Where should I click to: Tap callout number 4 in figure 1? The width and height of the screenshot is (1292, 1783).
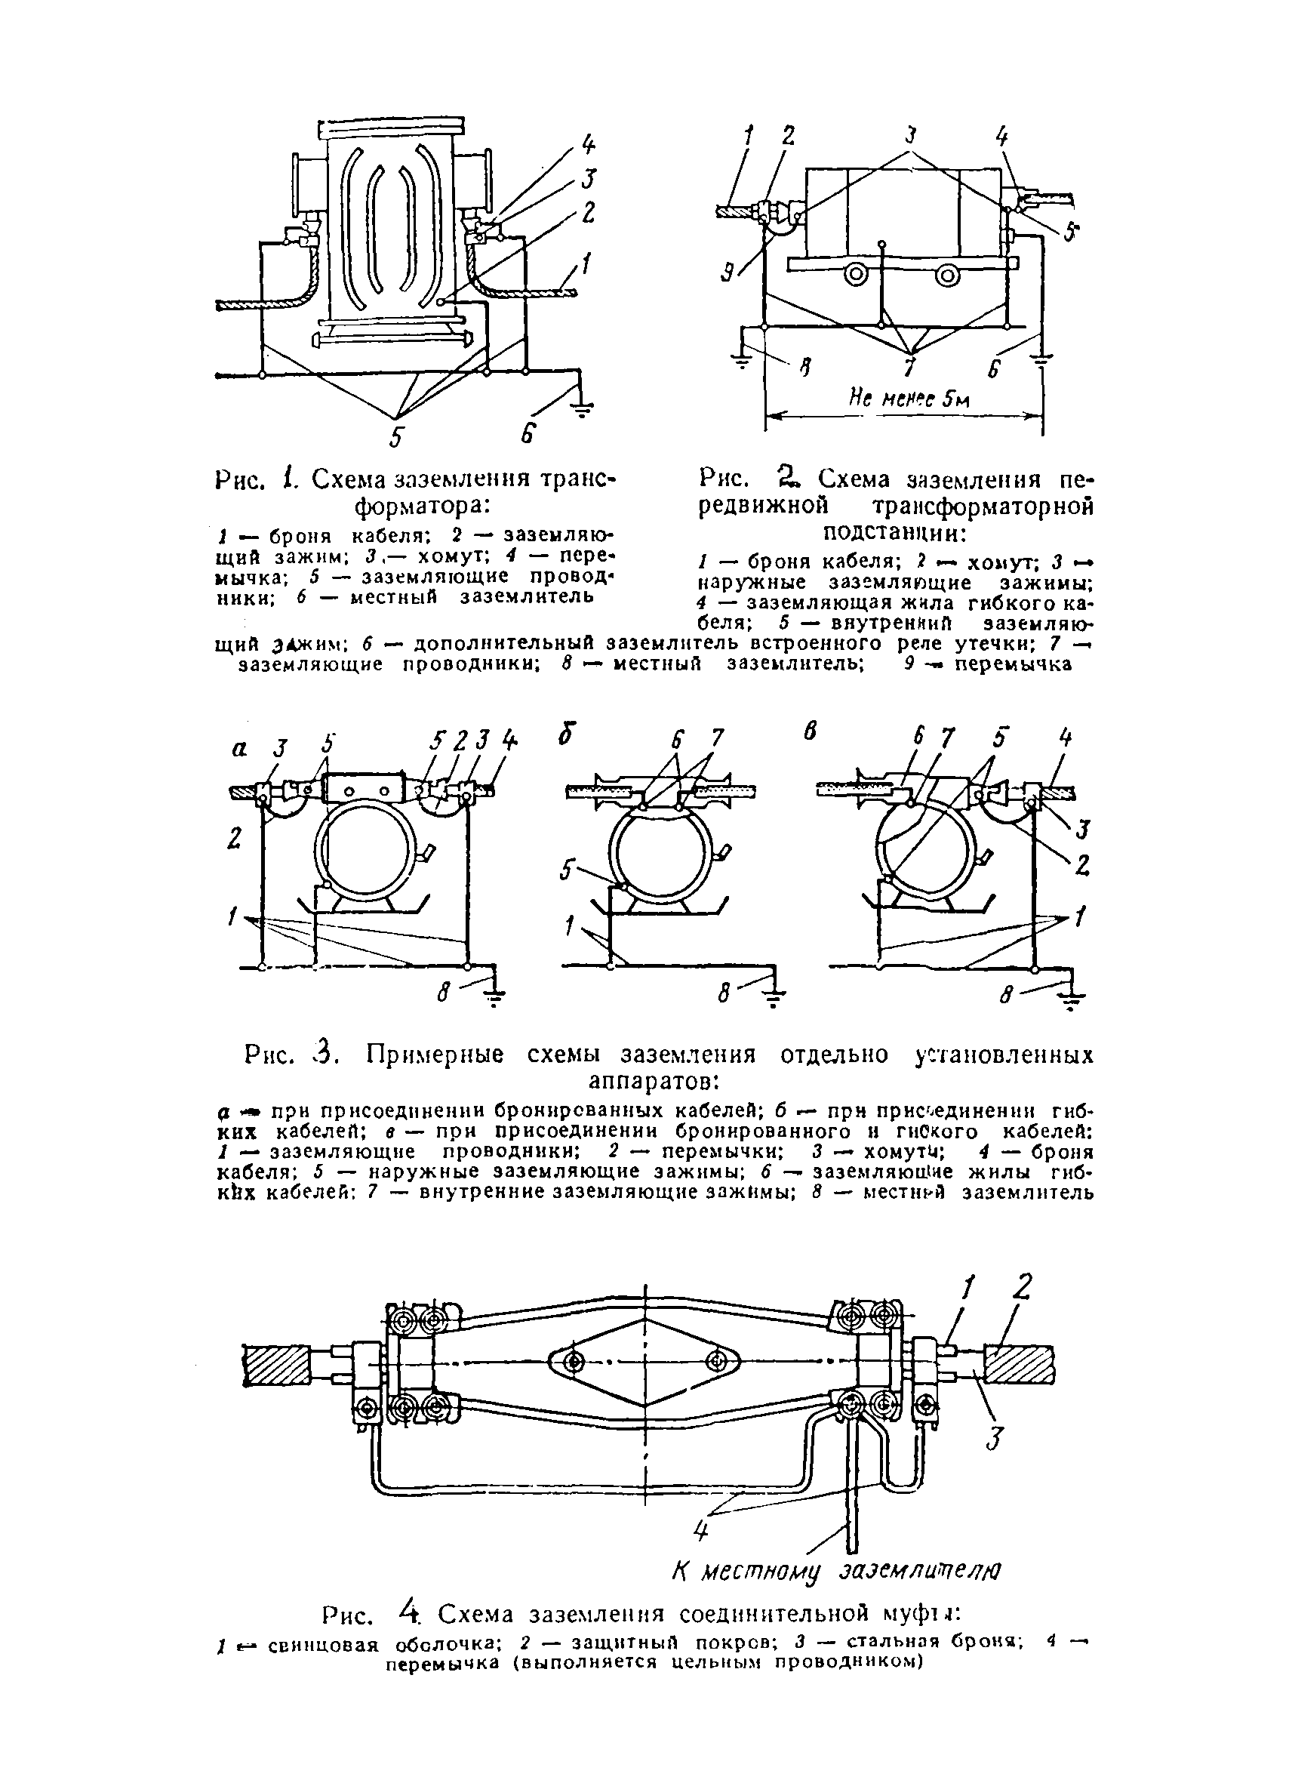click(x=589, y=145)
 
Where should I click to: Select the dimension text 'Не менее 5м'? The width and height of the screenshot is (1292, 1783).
click(x=909, y=399)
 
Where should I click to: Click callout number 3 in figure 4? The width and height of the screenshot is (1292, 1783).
click(x=996, y=1439)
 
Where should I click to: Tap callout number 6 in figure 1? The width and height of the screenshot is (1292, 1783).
click(x=528, y=434)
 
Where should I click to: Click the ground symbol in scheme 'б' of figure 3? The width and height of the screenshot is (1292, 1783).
click(x=775, y=1000)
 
